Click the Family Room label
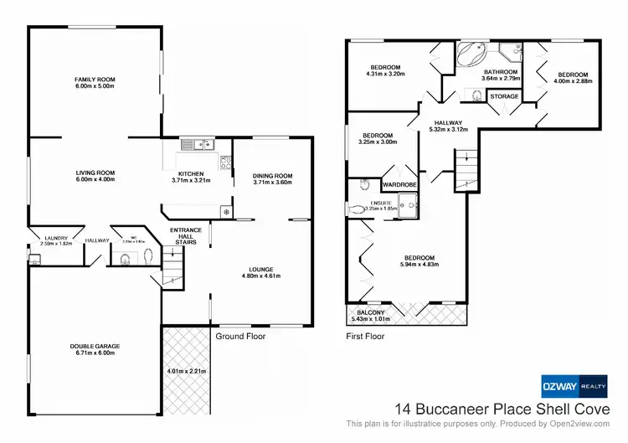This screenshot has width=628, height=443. [94, 80]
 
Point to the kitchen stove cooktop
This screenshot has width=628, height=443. [225, 162]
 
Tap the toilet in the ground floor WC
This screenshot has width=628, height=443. [126, 259]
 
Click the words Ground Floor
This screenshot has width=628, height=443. [239, 337]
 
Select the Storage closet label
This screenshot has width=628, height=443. [504, 96]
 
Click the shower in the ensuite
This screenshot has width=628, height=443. [409, 202]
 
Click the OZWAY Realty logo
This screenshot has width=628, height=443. [575, 386]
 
